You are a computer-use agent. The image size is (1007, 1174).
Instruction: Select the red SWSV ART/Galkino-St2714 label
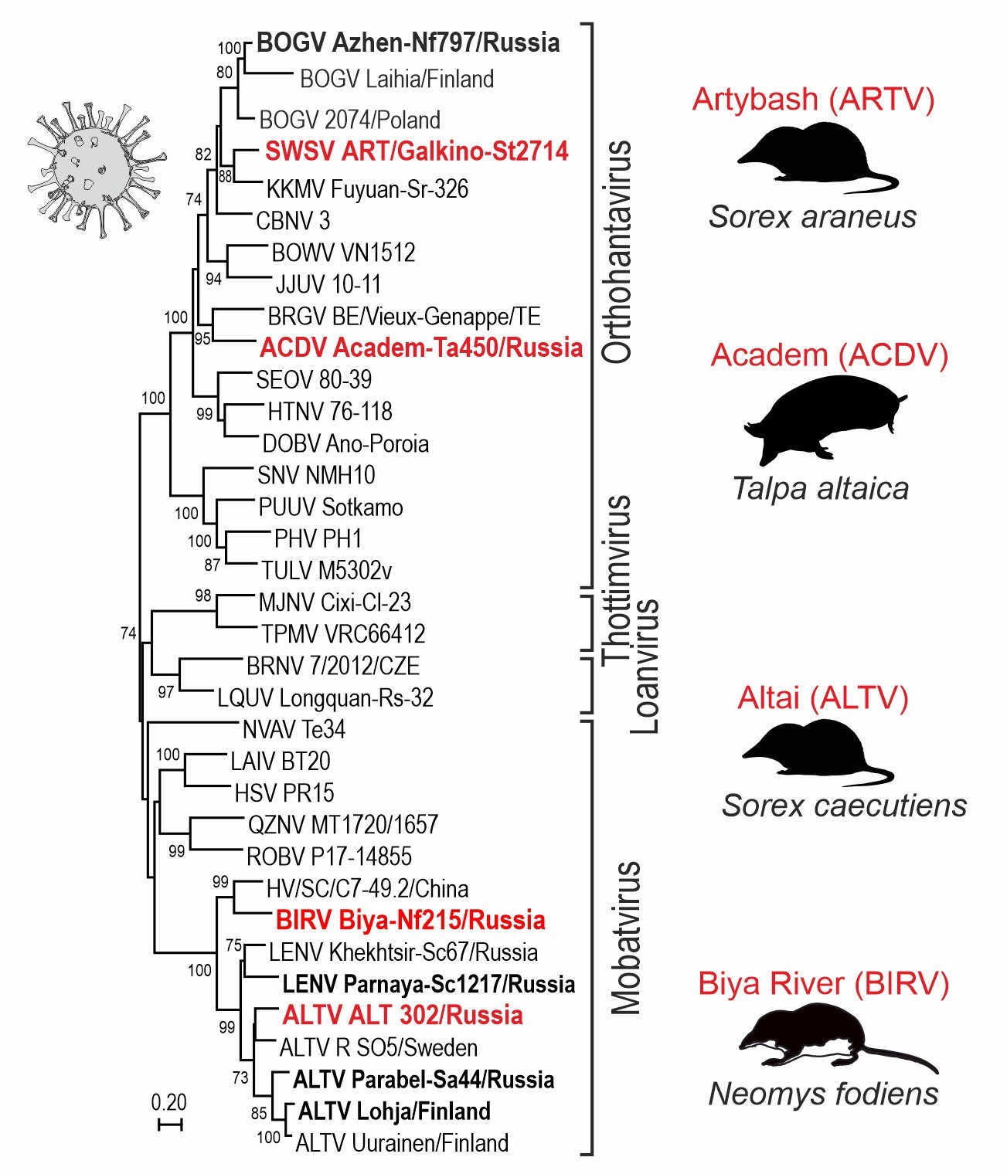pos(417,151)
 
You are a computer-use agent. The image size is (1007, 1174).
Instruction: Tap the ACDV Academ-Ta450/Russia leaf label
pos(421,348)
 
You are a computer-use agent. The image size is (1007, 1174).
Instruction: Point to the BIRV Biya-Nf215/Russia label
pos(410,920)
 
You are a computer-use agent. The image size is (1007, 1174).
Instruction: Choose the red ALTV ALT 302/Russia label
pos(403,1015)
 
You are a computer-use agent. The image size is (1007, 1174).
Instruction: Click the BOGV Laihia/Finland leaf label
pos(396,79)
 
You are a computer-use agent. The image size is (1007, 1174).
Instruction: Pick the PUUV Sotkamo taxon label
pos(331,507)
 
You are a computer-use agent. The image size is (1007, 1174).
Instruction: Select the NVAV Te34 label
pos(294,729)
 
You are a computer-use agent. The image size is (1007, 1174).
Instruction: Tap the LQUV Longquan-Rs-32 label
pos(325,697)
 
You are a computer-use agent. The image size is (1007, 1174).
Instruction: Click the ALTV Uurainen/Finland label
pos(402,1142)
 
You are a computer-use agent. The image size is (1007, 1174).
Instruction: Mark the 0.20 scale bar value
pos(168,1102)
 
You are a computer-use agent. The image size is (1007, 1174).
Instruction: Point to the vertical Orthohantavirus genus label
pos(617,252)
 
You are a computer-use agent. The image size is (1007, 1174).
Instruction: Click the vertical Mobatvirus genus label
pos(626,937)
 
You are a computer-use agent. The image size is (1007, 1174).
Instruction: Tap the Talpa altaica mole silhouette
pos(823,418)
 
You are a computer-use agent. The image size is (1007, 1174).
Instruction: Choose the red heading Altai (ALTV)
pos(822,697)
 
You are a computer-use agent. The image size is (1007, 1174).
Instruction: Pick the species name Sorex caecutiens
pos(844,806)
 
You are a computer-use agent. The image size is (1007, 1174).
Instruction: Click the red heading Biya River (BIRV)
pos(823,983)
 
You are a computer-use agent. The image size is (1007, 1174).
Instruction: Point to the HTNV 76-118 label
pos(330,412)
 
